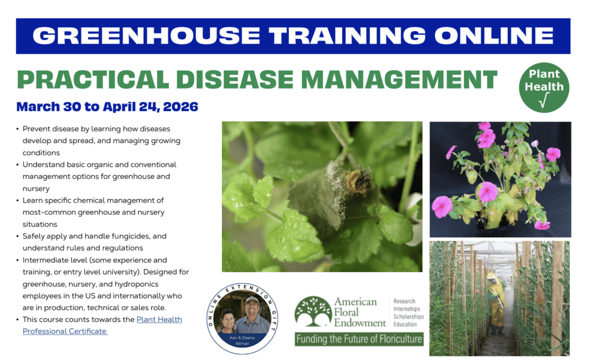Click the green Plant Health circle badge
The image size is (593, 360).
pyautogui.click(x=544, y=88)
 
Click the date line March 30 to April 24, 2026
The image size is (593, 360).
pyautogui.click(x=107, y=107)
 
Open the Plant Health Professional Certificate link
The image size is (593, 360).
pyautogui.click(x=102, y=325)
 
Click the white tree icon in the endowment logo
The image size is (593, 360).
pyautogui.click(x=313, y=311)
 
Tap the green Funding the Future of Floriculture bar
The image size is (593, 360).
pyautogui.click(x=358, y=339)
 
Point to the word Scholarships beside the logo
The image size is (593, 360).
pyautogui.click(x=408, y=317)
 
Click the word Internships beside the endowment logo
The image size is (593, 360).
pyautogui.click(x=408, y=309)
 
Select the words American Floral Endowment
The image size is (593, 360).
pyautogui.click(x=359, y=312)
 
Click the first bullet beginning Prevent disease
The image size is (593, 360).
pyautogui.click(x=96, y=128)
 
